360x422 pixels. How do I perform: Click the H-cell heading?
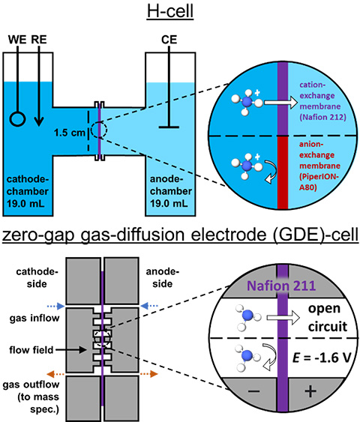181,10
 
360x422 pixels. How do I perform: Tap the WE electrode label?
16,37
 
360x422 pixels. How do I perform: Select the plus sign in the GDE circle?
307,392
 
